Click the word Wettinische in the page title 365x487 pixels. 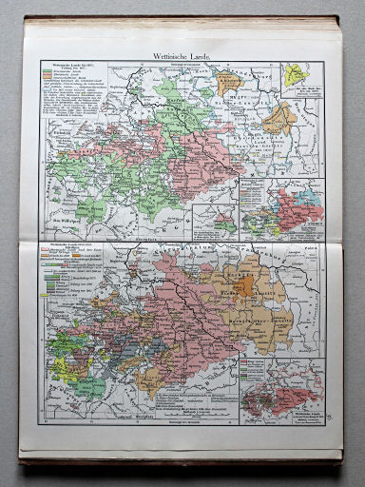click(x=168, y=54)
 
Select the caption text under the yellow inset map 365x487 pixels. click(x=295, y=96)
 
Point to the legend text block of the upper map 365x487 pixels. click(x=70, y=104)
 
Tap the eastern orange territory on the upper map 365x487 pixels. click(x=278, y=119)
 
